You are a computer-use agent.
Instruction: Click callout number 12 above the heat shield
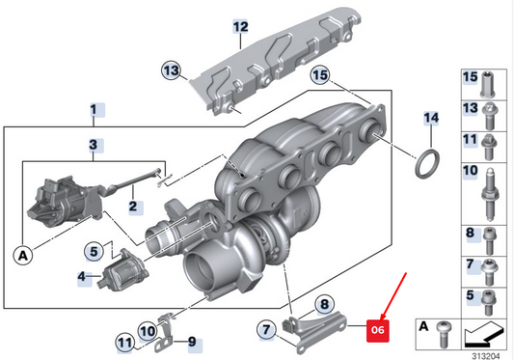point(240,26)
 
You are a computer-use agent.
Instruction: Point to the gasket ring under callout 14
point(425,163)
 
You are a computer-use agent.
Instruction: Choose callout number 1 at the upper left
point(94,109)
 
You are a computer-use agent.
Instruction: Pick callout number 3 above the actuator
point(94,146)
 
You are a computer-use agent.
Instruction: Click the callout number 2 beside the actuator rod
point(133,206)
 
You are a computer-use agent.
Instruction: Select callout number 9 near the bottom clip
point(191,341)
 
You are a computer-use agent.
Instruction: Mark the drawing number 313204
point(487,353)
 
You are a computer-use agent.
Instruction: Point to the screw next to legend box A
point(443,332)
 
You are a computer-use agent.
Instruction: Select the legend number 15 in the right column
point(471,76)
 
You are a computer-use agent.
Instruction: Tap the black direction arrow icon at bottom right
point(484,335)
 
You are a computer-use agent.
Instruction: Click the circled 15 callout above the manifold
point(319,74)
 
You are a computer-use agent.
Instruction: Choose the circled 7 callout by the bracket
point(265,331)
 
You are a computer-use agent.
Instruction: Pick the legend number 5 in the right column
point(471,294)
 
